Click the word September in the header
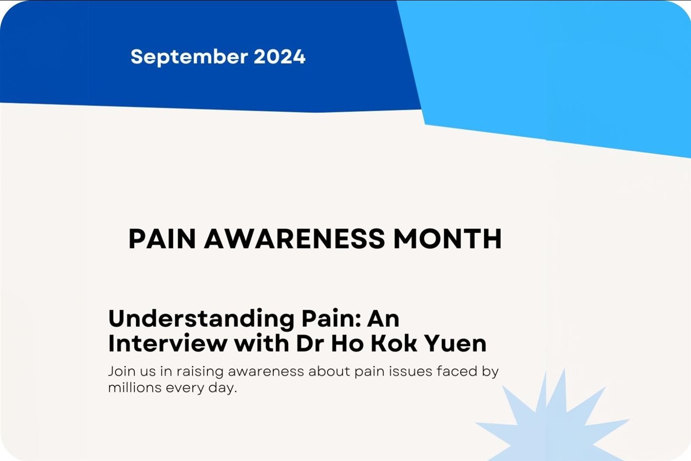pos(189,57)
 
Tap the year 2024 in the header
pos(279,57)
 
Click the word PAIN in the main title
pos(162,239)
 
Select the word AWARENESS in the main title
pos(295,239)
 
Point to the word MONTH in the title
pos(447,239)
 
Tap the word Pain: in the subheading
pos(331,319)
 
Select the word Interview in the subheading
pos(168,343)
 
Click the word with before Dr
pos(262,343)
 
